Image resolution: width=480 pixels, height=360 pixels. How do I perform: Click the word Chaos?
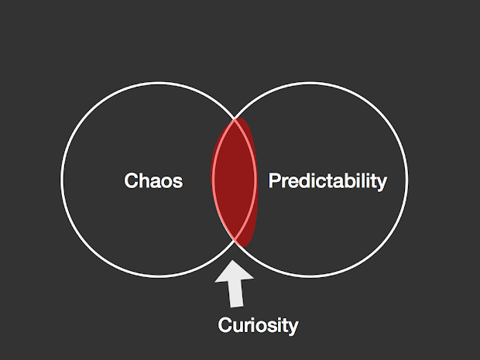pyautogui.click(x=153, y=181)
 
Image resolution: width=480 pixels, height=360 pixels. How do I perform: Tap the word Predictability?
pyautogui.click(x=327, y=181)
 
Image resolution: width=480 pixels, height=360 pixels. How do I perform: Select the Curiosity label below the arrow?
pyautogui.click(x=258, y=325)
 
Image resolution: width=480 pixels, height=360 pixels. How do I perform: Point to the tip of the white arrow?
pyautogui.click(x=235, y=264)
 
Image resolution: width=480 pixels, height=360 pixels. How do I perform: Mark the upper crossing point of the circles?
pyautogui.click(x=235, y=120)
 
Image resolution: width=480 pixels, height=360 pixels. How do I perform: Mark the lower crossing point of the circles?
pyautogui.click(x=235, y=242)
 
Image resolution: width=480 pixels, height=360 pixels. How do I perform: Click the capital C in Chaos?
pyautogui.click(x=132, y=181)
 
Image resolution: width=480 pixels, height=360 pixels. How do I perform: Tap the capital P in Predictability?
pyautogui.click(x=273, y=181)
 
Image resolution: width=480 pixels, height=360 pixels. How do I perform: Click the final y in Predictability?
pyautogui.click(x=381, y=183)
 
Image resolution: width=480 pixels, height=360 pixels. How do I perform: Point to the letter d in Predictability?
pyautogui.click(x=304, y=181)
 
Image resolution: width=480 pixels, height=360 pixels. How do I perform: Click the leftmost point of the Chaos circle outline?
pyautogui.click(x=60, y=181)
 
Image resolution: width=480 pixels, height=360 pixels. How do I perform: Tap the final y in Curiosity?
pyautogui.click(x=293, y=328)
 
